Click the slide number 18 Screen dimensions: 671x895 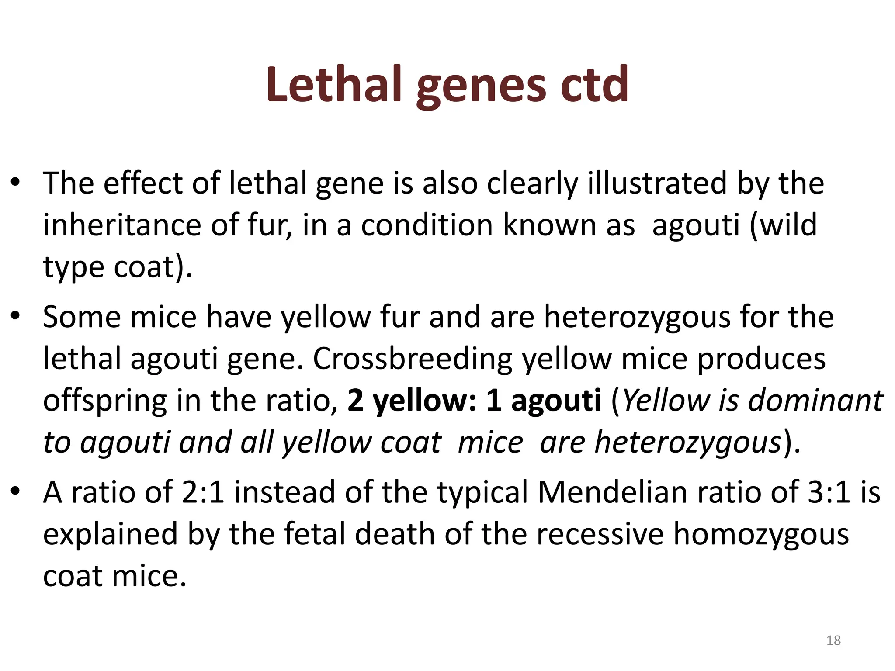pyautogui.click(x=833, y=640)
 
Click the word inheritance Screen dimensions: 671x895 pyautogui.click(x=122, y=225)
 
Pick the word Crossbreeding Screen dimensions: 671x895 pyautogui.click(x=413, y=359)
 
